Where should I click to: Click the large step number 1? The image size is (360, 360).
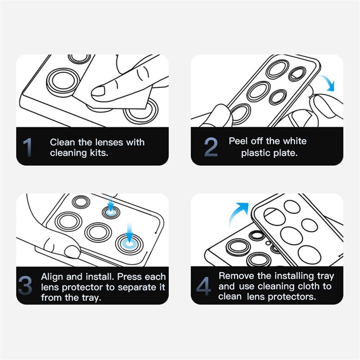tap(27, 147)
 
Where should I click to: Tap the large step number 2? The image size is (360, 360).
tap(211, 147)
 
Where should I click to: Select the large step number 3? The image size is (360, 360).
tap(25, 285)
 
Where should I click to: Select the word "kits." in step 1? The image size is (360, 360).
tap(99, 153)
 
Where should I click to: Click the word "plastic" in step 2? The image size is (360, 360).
tap(255, 153)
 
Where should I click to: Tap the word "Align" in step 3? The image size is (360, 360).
tap(52, 277)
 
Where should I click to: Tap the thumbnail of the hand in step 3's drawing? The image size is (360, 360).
tap(72, 251)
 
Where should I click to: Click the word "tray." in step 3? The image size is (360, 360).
tap(91, 298)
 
